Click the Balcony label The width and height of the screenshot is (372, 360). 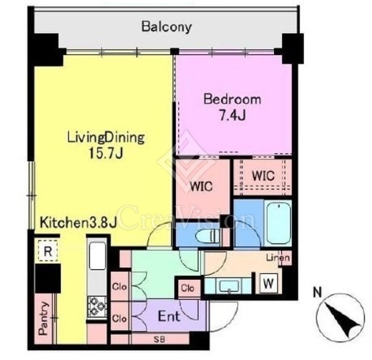click(x=167, y=26)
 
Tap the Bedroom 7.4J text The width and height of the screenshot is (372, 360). click(x=232, y=107)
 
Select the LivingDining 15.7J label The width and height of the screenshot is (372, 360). click(x=106, y=145)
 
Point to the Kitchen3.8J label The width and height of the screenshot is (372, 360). click(x=78, y=223)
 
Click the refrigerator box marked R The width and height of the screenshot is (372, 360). click(x=48, y=251)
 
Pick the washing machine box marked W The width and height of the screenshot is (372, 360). click(x=268, y=283)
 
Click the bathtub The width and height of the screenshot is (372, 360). click(x=278, y=222)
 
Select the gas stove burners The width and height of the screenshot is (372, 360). click(x=97, y=307)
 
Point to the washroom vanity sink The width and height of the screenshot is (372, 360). click(x=229, y=286)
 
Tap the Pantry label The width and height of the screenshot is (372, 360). click(x=44, y=318)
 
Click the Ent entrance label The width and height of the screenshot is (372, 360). click(x=169, y=316)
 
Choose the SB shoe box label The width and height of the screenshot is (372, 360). click(x=160, y=339)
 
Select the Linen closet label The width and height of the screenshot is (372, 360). click(x=278, y=258)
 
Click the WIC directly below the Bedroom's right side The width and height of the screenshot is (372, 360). click(x=263, y=176)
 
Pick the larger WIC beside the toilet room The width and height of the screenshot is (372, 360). click(x=201, y=186)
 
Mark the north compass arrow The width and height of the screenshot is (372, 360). click(x=341, y=320)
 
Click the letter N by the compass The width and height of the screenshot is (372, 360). click(x=317, y=293)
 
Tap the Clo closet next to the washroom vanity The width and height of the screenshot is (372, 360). click(x=187, y=288)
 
